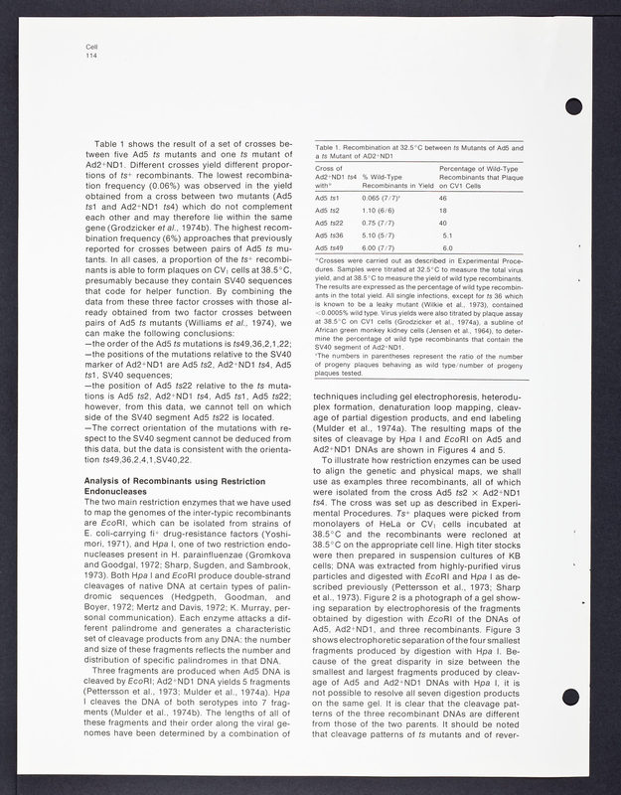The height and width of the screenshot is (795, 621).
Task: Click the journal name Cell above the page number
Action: [92, 47]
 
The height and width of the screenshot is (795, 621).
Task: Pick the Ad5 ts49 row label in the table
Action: [329, 247]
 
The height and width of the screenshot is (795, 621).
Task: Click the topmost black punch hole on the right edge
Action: [573, 108]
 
